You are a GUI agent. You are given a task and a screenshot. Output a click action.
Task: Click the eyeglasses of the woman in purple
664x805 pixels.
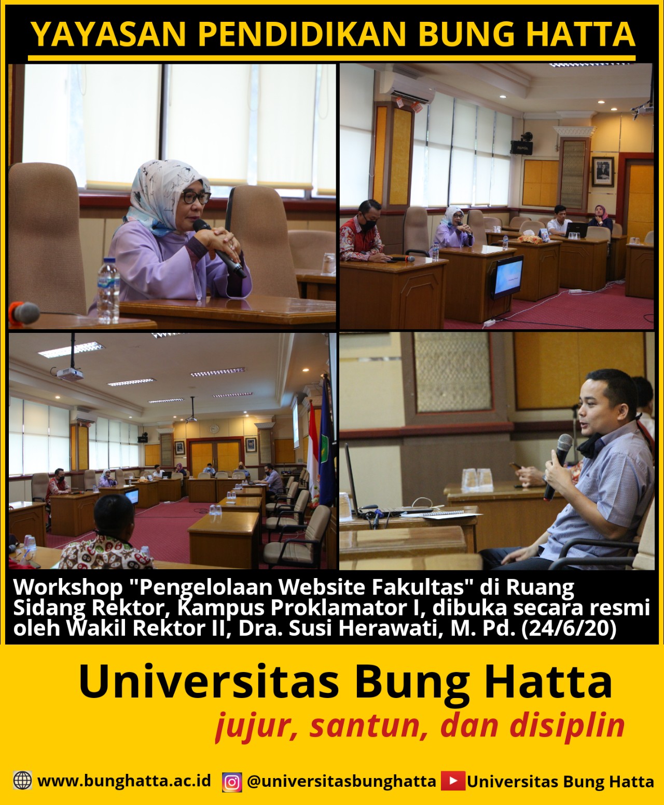pyautogui.click(x=196, y=198)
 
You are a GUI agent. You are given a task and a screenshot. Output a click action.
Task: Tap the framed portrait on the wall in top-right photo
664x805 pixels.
pyautogui.click(x=602, y=171)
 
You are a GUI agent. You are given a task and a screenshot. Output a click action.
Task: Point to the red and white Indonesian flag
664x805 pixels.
pyautogui.click(x=313, y=447)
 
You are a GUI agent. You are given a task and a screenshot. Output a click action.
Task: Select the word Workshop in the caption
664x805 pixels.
pyautogui.click(x=68, y=587)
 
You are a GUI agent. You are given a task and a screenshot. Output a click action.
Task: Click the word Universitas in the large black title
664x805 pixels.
pyautogui.click(x=209, y=682)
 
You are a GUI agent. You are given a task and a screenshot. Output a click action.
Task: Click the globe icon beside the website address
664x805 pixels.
pyautogui.click(x=22, y=780)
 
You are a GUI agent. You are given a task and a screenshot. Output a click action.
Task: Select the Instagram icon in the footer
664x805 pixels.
pyautogui.click(x=232, y=781)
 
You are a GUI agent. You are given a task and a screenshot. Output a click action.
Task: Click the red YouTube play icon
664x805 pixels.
pyautogui.click(x=453, y=781)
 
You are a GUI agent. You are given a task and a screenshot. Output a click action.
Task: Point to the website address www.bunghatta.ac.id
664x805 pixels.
pyautogui.click(x=125, y=781)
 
